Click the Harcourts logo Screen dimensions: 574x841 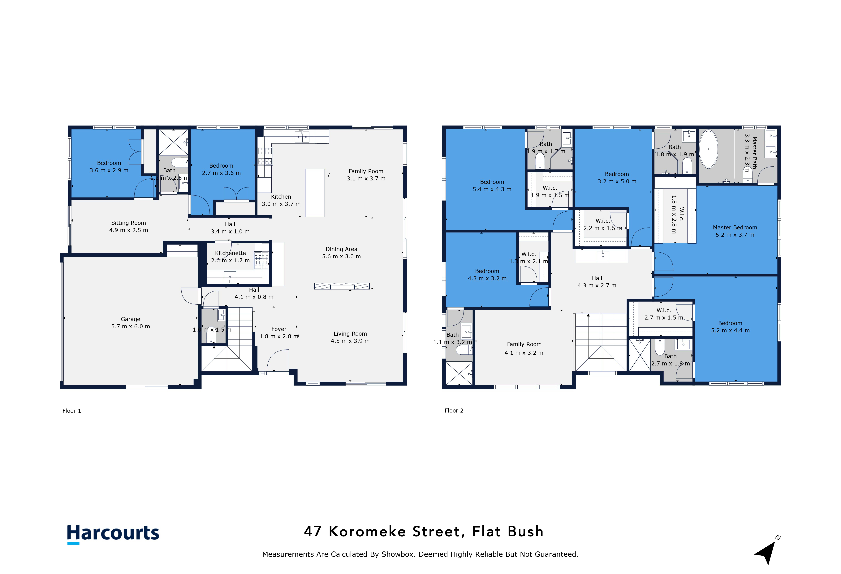[x=113, y=533]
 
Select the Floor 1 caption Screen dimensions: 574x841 [x=72, y=411]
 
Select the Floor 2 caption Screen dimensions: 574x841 [x=454, y=410]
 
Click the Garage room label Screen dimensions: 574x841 [x=130, y=319]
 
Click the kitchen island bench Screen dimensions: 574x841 [x=315, y=193]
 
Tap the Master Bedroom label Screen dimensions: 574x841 [x=735, y=227]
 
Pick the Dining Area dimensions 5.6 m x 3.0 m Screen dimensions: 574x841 [x=341, y=256]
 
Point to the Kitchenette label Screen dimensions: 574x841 [x=231, y=253]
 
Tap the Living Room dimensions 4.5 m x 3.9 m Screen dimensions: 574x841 [x=350, y=341]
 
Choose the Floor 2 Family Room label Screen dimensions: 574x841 [x=524, y=344]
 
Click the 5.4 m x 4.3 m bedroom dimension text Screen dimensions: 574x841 [x=492, y=189]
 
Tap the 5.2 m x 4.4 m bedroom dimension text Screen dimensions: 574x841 [x=730, y=330]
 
